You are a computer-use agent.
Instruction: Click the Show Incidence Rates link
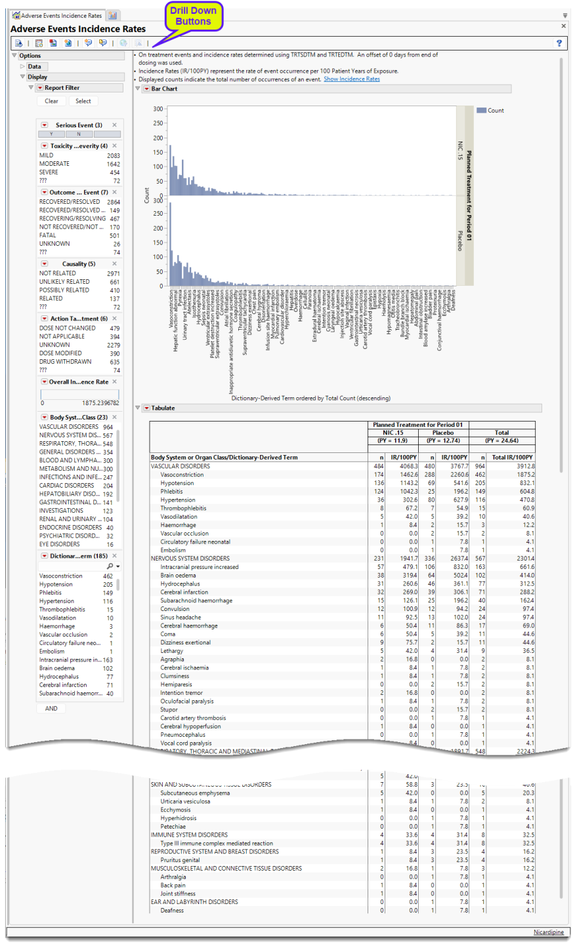(x=351, y=79)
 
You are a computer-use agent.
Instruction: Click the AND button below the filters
(x=51, y=708)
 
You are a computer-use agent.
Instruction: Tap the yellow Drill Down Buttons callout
(x=193, y=16)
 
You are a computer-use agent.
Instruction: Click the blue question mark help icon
(x=559, y=43)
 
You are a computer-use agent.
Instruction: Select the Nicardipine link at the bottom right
(x=548, y=932)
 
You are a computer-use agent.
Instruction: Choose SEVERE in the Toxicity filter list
(x=49, y=172)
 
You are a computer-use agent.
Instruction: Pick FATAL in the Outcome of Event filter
(x=48, y=235)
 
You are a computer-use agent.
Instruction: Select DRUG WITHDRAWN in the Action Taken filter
(x=65, y=362)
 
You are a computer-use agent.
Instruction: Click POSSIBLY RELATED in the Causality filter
(x=64, y=290)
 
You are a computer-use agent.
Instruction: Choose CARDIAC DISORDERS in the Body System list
(x=66, y=486)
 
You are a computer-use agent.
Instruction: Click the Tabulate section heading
(x=163, y=408)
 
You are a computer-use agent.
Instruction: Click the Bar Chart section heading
(x=164, y=89)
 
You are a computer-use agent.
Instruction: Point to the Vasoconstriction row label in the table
(x=182, y=475)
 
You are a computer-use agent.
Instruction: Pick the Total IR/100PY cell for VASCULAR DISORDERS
(x=522, y=466)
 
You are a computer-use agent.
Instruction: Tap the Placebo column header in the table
(x=443, y=433)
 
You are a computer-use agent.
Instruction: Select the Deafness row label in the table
(x=172, y=910)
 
